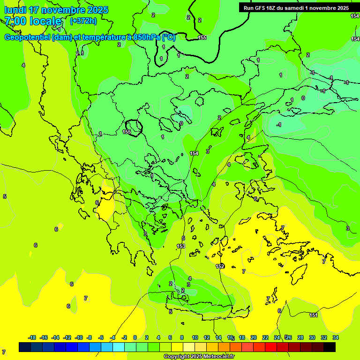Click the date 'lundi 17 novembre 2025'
pyautogui.click(x=56, y=10)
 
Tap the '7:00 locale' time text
pyautogui.click(x=33, y=21)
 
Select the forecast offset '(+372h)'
pyautogui.click(x=83, y=21)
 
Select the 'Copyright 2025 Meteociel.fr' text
pyautogui.click(x=199, y=357)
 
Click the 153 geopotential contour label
pyautogui.click(x=181, y=246)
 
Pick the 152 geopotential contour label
pyautogui.click(x=220, y=266)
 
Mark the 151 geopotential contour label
pyautogui.click(x=314, y=315)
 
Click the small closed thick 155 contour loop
pyautogui.click(x=135, y=127)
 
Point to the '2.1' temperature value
pyautogui.click(x=80, y=53)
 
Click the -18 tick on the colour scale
pyautogui.click(x=32, y=337)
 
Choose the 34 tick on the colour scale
pyautogui.click(x=336, y=337)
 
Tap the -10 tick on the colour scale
pyautogui.click(x=78, y=337)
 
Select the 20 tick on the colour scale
pyautogui.click(x=254, y=337)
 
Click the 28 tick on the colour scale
pyautogui.click(x=300, y=337)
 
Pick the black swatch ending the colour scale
pyautogui.click(x=330, y=347)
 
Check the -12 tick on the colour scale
pyautogui.click(x=67, y=337)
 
